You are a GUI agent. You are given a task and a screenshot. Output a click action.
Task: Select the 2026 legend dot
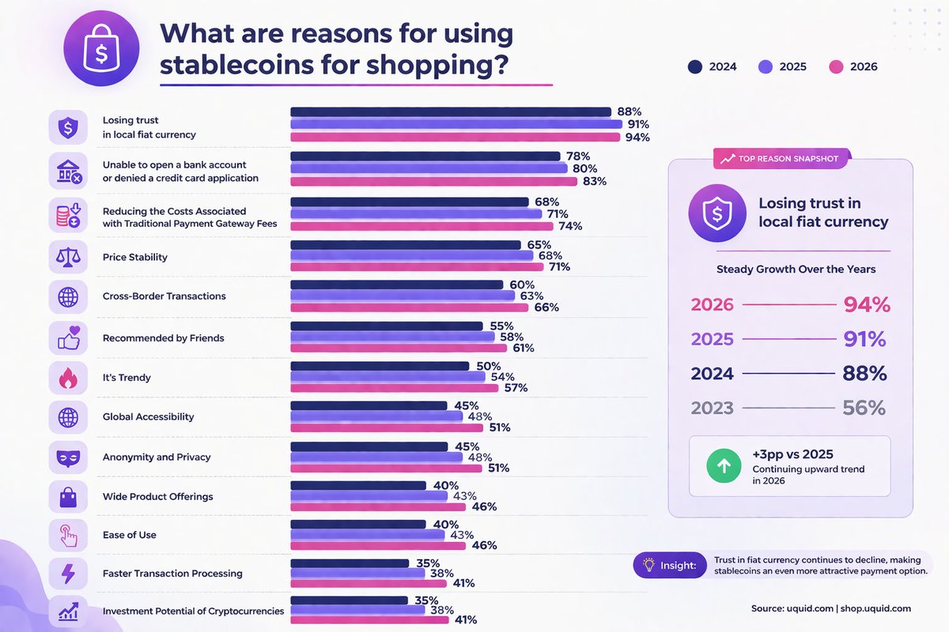click(837, 66)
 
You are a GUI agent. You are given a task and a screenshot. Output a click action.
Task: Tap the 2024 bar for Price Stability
click(406, 245)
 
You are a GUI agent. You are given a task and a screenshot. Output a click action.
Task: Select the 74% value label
click(570, 226)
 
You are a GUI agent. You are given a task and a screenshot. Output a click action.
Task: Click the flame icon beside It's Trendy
click(68, 378)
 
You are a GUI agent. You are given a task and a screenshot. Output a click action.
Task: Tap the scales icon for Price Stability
click(68, 257)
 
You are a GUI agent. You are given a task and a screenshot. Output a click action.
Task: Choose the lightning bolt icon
click(68, 574)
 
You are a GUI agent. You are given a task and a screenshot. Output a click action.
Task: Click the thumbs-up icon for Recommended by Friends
click(68, 337)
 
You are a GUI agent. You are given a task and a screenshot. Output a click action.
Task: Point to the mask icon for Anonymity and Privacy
click(68, 457)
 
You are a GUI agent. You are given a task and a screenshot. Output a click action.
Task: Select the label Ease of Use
click(130, 535)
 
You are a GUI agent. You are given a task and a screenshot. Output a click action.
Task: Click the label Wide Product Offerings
click(157, 496)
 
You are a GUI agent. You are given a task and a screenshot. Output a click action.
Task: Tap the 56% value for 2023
click(864, 408)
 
